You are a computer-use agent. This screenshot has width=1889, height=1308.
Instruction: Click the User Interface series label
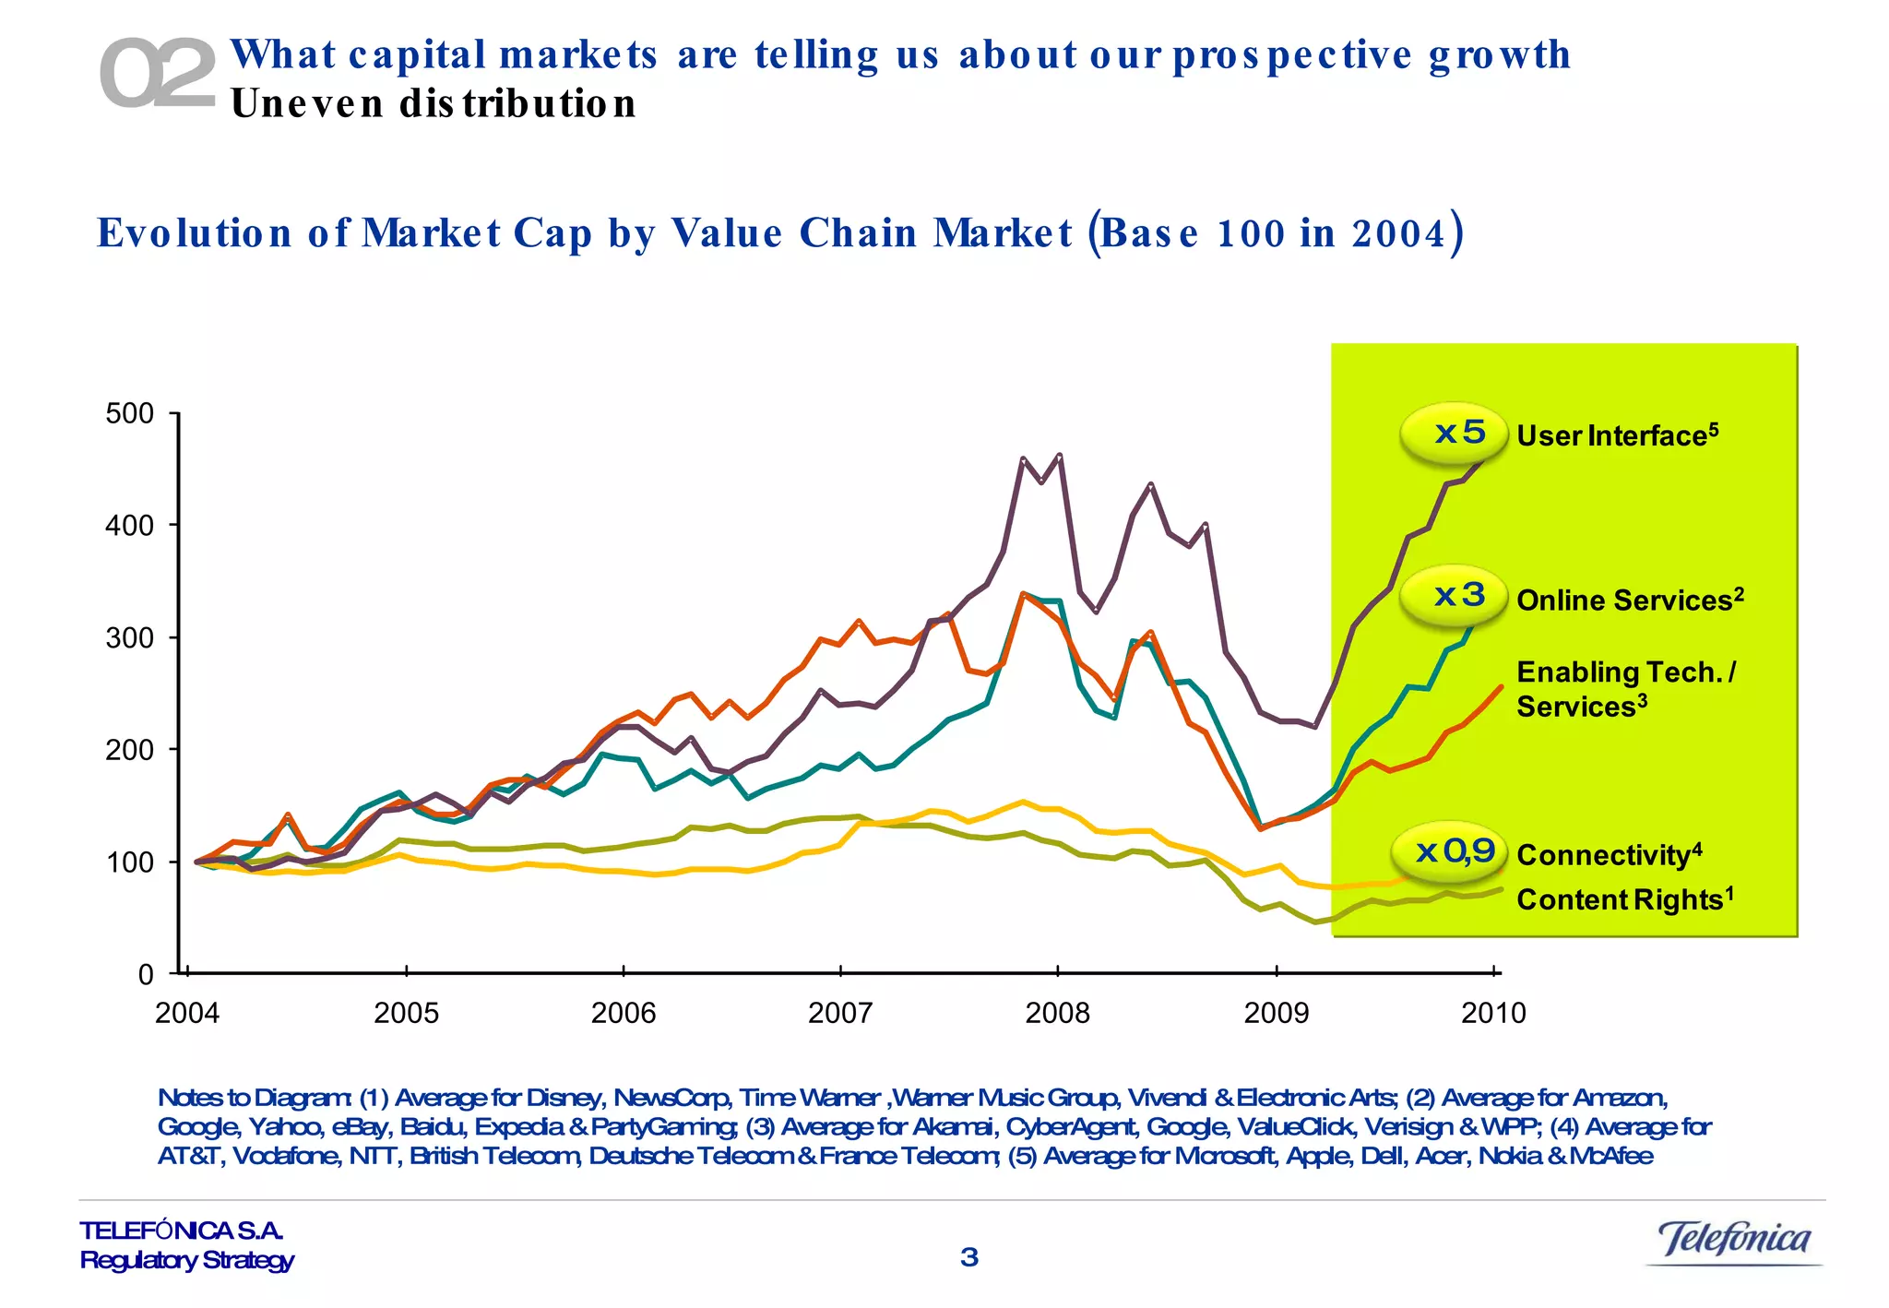pos(1617,435)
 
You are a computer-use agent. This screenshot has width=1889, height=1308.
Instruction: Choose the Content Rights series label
pos(1624,899)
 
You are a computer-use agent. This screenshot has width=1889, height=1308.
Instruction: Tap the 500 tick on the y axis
pos(130,413)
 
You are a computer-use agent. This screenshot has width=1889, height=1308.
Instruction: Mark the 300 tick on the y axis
pos(130,637)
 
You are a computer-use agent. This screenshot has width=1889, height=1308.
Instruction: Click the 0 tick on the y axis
pos(146,975)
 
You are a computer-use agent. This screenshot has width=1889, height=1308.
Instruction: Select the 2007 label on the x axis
pos(839,1014)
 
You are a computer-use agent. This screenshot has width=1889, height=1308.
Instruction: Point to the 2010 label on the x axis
pos(1493,1014)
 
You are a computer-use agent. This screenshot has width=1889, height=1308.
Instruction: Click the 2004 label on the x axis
pos(187,1014)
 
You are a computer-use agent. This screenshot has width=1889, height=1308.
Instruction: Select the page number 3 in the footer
pos(968,1257)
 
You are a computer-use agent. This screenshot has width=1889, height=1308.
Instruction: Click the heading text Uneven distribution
pos(434,103)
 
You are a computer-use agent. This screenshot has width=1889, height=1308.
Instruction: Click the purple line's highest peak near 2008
pos(1059,455)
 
